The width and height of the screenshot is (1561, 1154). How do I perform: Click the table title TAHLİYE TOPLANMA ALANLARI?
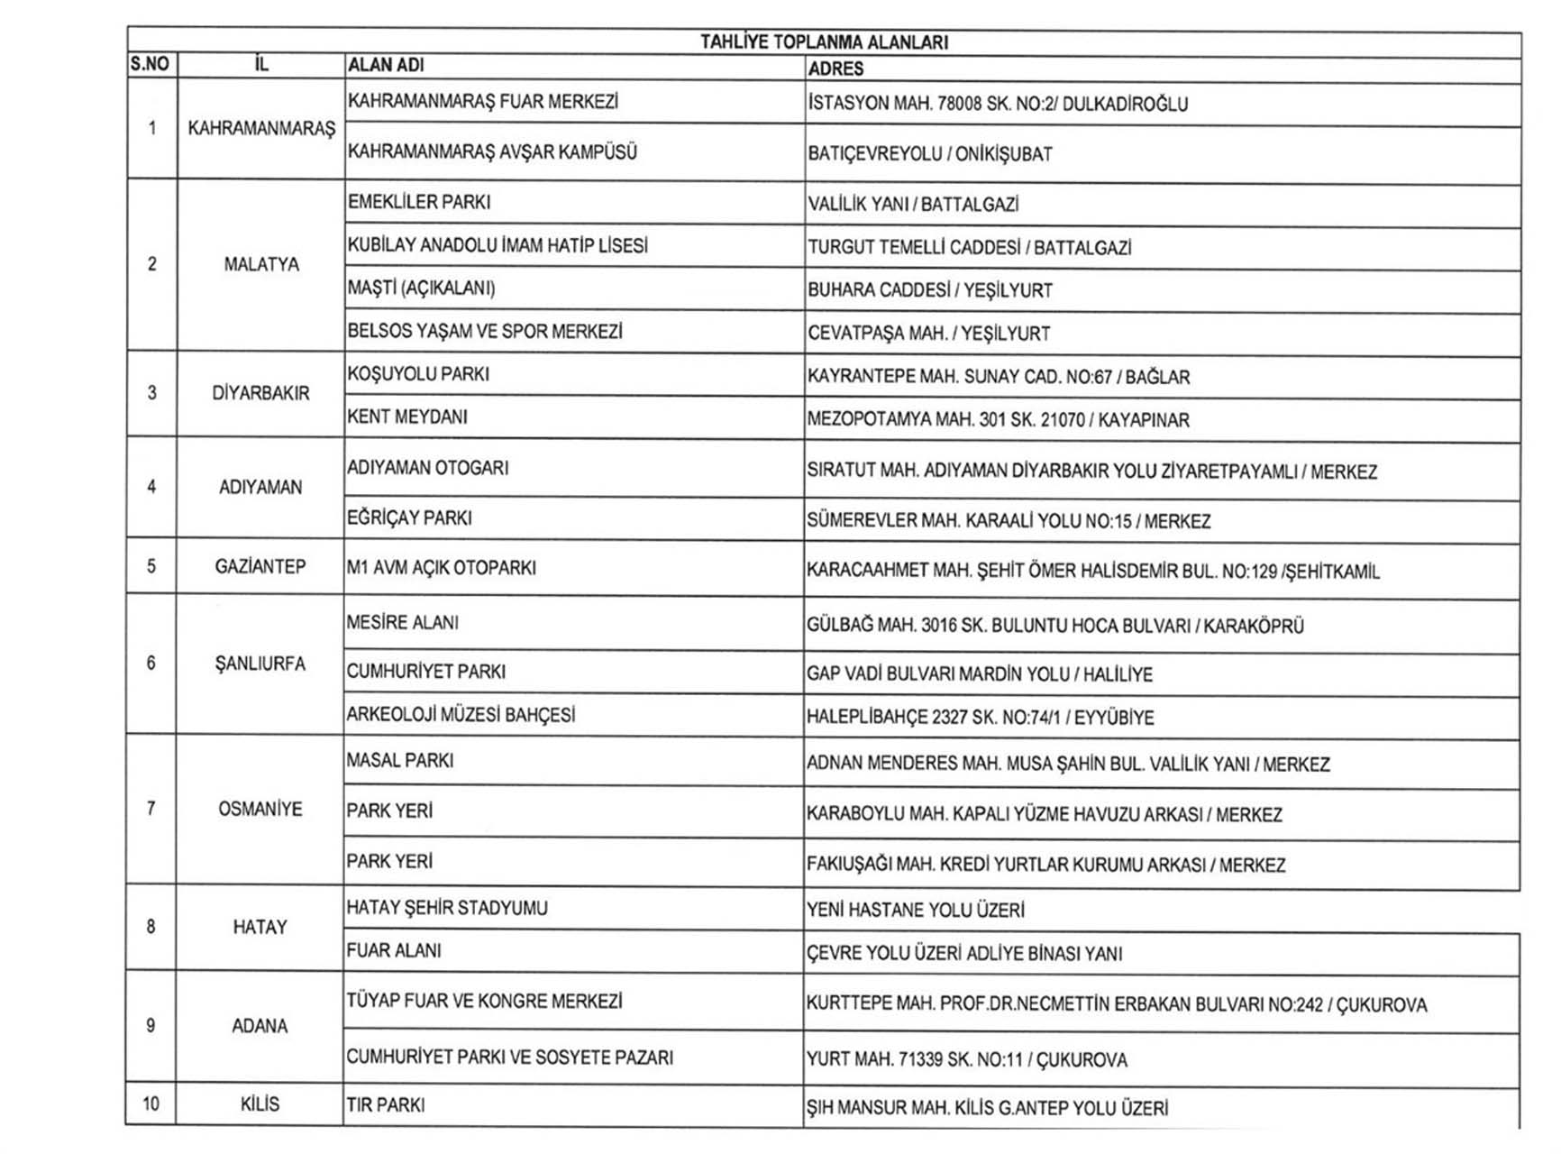click(824, 42)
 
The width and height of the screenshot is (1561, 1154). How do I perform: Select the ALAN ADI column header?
click(386, 65)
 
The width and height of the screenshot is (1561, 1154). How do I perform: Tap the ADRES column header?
click(835, 69)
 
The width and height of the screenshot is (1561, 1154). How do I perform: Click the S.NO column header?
click(150, 64)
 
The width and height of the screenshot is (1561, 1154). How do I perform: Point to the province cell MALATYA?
click(261, 264)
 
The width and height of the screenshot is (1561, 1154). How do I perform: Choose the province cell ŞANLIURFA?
click(260, 664)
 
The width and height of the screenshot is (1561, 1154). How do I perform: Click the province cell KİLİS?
click(260, 1104)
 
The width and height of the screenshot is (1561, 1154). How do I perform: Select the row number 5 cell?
click(151, 566)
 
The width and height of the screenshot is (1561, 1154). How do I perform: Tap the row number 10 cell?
click(151, 1104)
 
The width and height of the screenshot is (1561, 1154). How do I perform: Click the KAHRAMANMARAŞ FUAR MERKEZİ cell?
click(483, 102)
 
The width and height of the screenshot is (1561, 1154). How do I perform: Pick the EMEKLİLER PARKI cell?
click(419, 202)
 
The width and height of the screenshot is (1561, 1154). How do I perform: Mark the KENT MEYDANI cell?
click(407, 417)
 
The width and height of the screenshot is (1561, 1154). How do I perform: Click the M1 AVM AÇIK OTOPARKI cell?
click(442, 568)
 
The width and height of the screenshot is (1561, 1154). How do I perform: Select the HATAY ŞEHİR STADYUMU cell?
click(447, 908)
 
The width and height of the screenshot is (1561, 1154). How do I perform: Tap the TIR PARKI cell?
click(386, 1104)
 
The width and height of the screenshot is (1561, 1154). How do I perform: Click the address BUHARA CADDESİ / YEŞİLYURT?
click(930, 290)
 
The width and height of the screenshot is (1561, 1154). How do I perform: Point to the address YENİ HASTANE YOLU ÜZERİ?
click(916, 911)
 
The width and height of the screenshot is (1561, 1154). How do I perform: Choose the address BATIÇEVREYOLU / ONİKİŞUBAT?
click(930, 154)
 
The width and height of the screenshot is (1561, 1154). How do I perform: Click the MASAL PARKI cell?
click(400, 761)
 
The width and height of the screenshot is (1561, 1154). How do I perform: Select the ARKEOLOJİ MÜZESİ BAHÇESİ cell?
click(461, 715)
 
